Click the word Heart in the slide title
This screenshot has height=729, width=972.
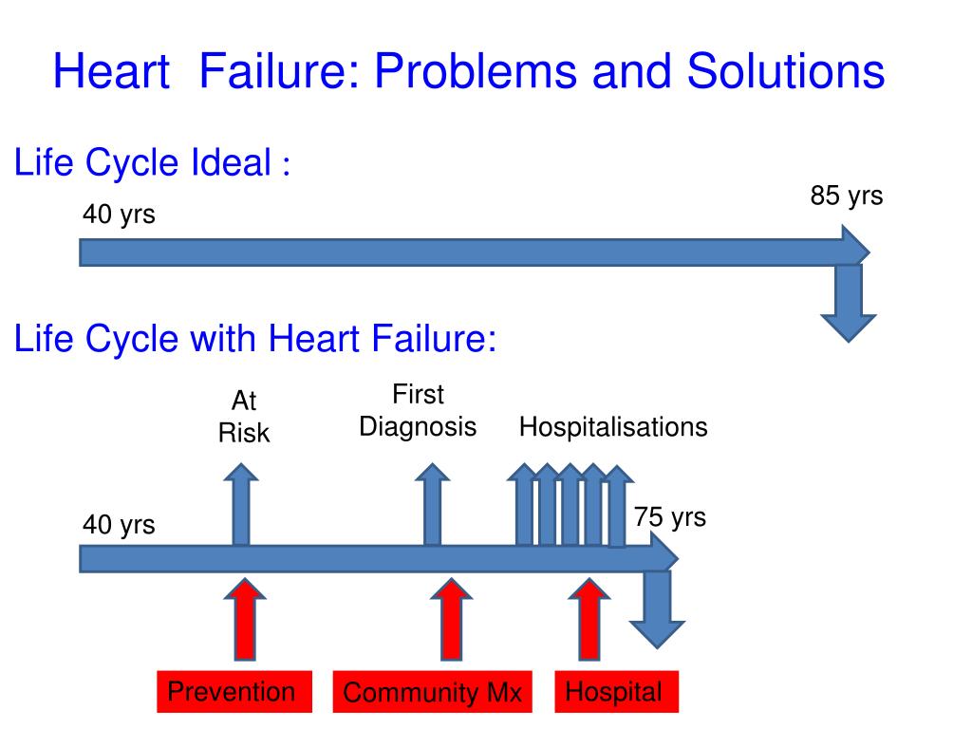point(111,72)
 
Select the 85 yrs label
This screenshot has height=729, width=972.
point(846,196)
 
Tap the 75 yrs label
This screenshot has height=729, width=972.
point(670,517)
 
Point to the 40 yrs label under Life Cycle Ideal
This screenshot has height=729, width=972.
point(118,216)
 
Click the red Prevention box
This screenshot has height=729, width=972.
point(231,692)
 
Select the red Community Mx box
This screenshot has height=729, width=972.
point(432,692)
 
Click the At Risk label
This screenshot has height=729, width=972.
point(244,418)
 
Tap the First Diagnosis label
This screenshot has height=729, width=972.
point(418,411)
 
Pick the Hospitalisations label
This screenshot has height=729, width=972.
point(613,427)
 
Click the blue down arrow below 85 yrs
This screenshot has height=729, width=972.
point(848,304)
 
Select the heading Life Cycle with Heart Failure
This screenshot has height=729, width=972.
point(255,339)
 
